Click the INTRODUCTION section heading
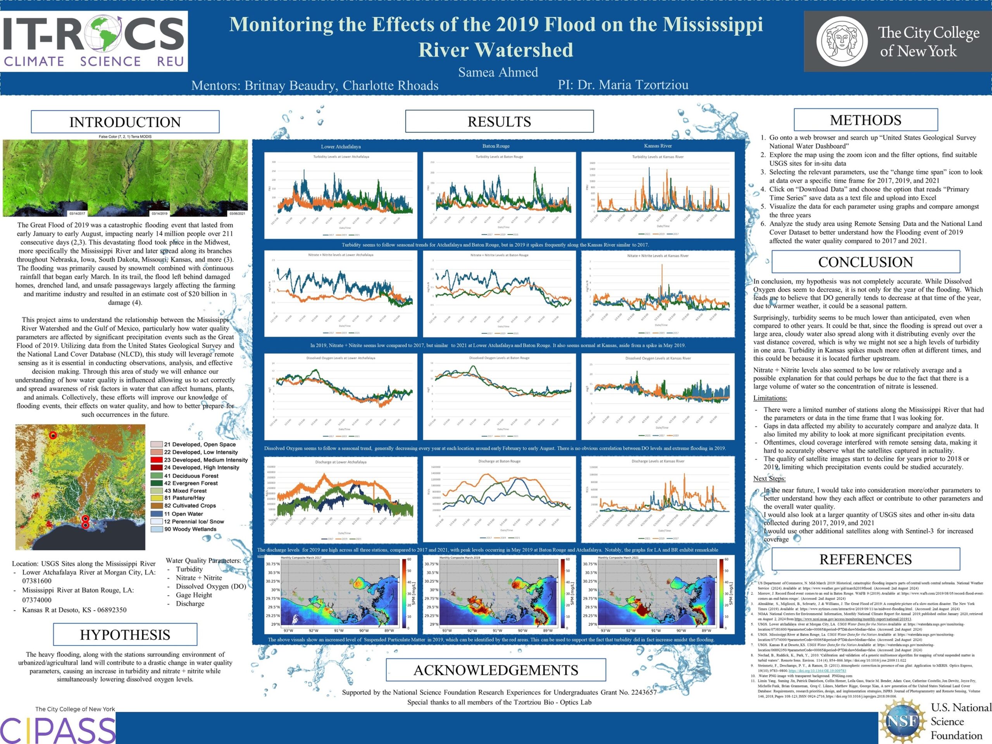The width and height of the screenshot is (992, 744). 125,122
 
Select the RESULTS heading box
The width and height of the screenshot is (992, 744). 499,122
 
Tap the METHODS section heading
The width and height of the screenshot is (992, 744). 866,120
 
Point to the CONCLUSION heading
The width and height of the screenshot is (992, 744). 866,262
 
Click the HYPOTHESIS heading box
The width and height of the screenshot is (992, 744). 125,635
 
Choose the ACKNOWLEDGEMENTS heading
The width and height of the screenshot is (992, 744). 496,670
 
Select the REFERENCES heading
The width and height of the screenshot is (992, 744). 866,559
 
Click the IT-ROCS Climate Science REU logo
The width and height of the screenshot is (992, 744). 94,41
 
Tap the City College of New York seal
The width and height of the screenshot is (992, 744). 842,41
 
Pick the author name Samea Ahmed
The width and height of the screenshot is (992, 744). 498,72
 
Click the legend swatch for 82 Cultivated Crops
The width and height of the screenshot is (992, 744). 157,505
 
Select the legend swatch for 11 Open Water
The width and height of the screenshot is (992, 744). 157,514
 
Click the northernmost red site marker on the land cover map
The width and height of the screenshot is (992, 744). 53,435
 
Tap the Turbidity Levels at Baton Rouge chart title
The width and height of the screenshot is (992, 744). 499,157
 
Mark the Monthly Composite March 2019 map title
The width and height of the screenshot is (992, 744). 459,558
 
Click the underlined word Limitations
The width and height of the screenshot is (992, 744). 770,398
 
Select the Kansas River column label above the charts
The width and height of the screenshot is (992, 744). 658,146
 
